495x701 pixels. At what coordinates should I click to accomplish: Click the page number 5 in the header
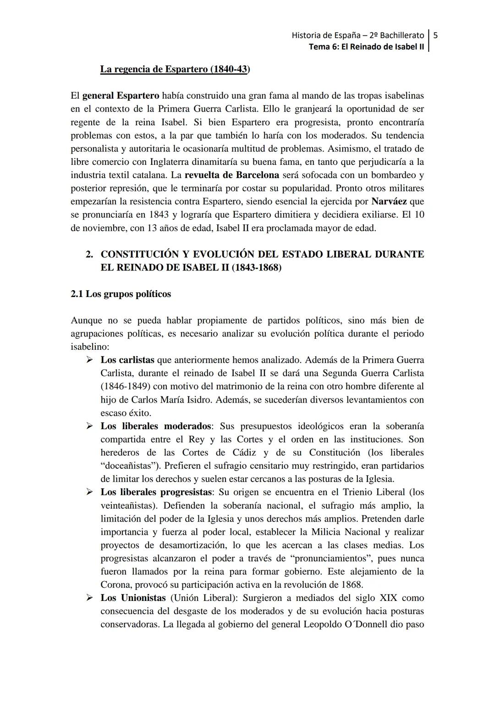point(436,35)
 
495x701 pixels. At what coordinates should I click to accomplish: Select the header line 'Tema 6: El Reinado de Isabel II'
point(366,47)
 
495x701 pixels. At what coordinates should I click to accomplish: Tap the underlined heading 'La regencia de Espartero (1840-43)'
point(175,69)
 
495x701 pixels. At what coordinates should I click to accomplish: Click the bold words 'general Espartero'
point(121,96)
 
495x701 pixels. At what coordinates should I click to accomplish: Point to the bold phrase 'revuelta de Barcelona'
point(231,175)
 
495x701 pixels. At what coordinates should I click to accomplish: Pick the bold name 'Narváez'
point(389,202)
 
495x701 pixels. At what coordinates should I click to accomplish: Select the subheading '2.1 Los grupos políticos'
point(121,294)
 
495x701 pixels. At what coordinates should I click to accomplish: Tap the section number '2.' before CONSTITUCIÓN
point(90,254)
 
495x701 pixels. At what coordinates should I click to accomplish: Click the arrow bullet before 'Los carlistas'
point(90,360)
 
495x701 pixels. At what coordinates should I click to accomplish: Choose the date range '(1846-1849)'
point(123,387)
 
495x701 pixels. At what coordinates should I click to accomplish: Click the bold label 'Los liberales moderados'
point(156,426)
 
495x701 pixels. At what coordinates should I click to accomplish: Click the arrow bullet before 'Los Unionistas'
point(90,598)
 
